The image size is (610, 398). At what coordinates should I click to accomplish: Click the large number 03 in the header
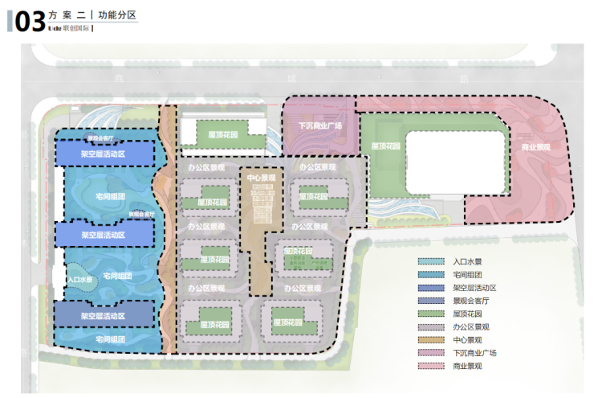pos(29,21)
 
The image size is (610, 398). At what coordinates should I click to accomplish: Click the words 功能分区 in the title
pos(118,14)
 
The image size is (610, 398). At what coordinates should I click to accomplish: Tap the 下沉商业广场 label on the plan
pos(320,125)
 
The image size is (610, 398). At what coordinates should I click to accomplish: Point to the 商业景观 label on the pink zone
pos(535,148)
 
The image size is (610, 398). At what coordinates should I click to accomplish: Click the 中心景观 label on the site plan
pos(262,178)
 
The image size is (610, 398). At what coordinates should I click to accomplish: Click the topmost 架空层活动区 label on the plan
pos(104,153)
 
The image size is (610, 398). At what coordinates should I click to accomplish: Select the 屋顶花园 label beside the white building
pos(386,146)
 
